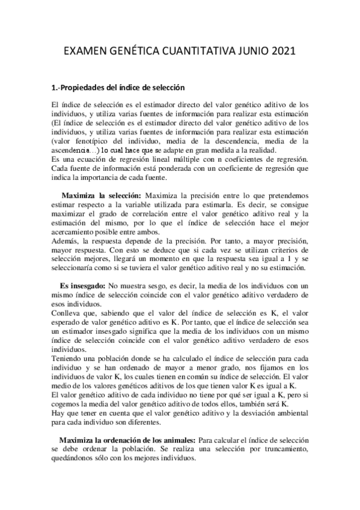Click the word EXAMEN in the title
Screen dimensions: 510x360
click(x=89, y=53)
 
